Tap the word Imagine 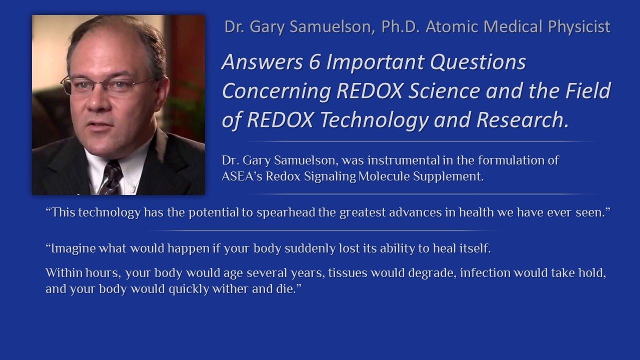coord(69,248)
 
